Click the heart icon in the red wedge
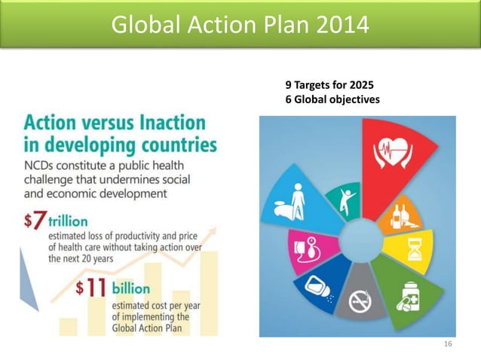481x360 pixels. (x=394, y=151)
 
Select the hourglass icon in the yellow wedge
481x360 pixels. (x=414, y=248)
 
